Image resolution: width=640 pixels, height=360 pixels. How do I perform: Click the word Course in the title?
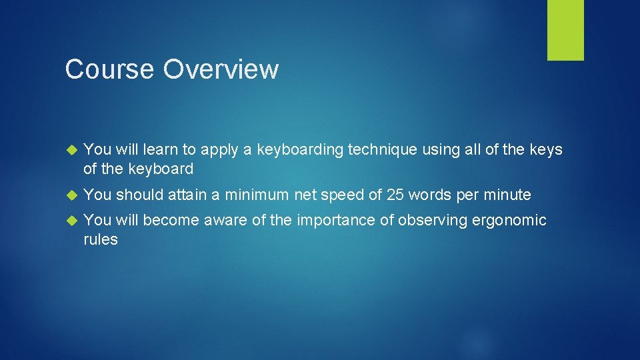coord(110,69)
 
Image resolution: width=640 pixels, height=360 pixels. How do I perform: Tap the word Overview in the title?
coord(221,69)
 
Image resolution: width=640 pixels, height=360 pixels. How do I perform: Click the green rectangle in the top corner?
coord(565,30)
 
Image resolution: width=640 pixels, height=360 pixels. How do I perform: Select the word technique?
coord(379,151)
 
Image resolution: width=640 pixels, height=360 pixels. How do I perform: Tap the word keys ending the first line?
coord(546,151)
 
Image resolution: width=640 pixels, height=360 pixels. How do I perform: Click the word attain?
coord(194,195)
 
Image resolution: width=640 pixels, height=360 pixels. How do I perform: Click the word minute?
coord(509,195)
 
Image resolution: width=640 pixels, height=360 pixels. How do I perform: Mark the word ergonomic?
coord(508,221)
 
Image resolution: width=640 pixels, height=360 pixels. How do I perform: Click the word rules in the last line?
coord(101,240)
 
